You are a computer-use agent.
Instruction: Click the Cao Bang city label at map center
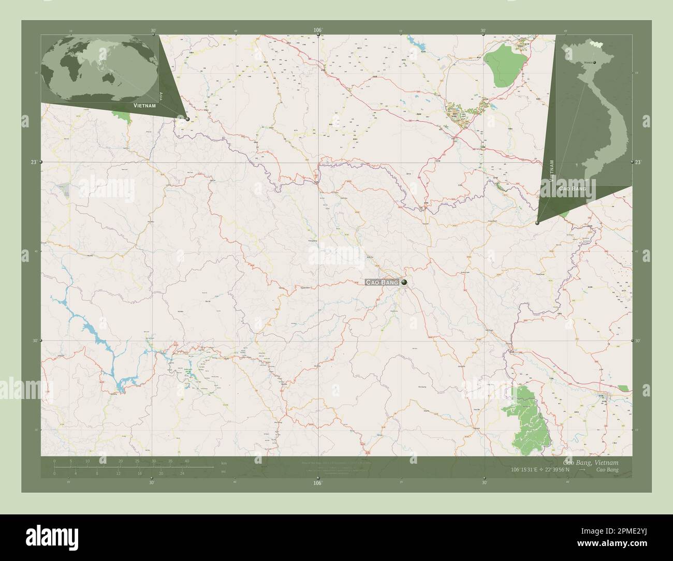click(382, 282)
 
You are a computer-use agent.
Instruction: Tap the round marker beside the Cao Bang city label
click(404, 282)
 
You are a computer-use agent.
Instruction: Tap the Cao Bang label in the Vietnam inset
click(573, 189)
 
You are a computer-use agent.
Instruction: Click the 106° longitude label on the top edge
click(318, 31)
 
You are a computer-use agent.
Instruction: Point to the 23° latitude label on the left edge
click(33, 163)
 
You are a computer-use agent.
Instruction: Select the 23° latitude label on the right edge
click(638, 163)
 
